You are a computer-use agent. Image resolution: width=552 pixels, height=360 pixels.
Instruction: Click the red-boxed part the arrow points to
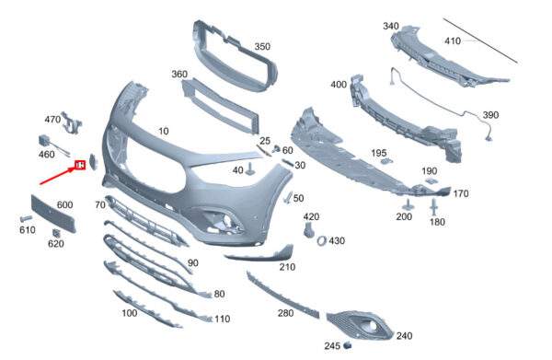tap(80, 165)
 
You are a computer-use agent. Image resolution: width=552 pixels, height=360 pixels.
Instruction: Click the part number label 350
tap(262, 47)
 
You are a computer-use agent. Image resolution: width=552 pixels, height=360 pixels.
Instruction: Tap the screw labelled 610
tap(26, 218)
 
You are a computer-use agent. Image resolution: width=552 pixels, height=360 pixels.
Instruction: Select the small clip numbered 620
tap(56, 233)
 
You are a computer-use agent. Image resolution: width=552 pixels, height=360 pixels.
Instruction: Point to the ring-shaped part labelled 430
tap(322, 241)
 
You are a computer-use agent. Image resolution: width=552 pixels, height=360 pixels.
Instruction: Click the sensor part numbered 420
tap(308, 229)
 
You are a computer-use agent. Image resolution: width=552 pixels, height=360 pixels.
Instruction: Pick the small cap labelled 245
tap(348, 345)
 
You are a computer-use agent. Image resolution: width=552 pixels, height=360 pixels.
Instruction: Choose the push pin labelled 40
tap(251, 168)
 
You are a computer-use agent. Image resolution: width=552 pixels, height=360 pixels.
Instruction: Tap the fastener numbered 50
tap(288, 197)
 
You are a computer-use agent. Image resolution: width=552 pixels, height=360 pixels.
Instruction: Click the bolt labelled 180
tap(434, 207)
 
